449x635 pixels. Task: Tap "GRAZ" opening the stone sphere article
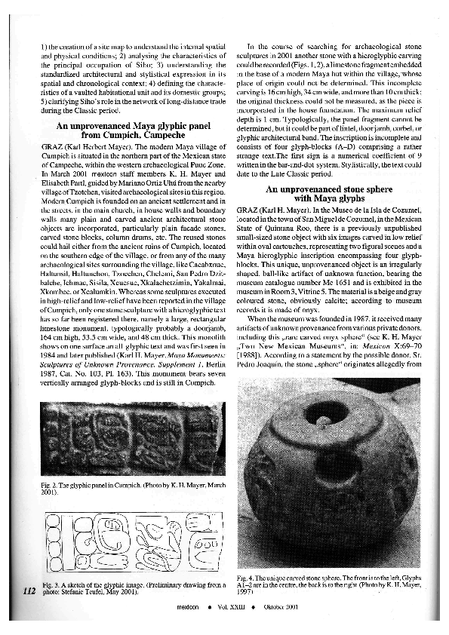(x=248, y=207)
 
